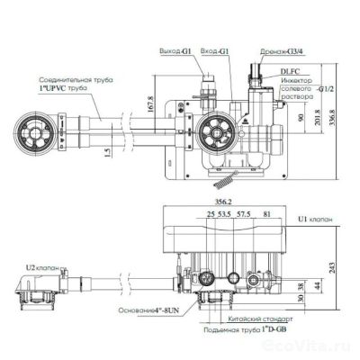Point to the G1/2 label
325,91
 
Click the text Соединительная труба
73,77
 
